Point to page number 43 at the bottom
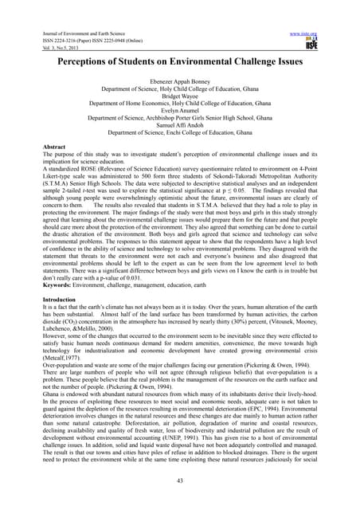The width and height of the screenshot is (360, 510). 180,482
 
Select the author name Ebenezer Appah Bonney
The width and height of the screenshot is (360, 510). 179,82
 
